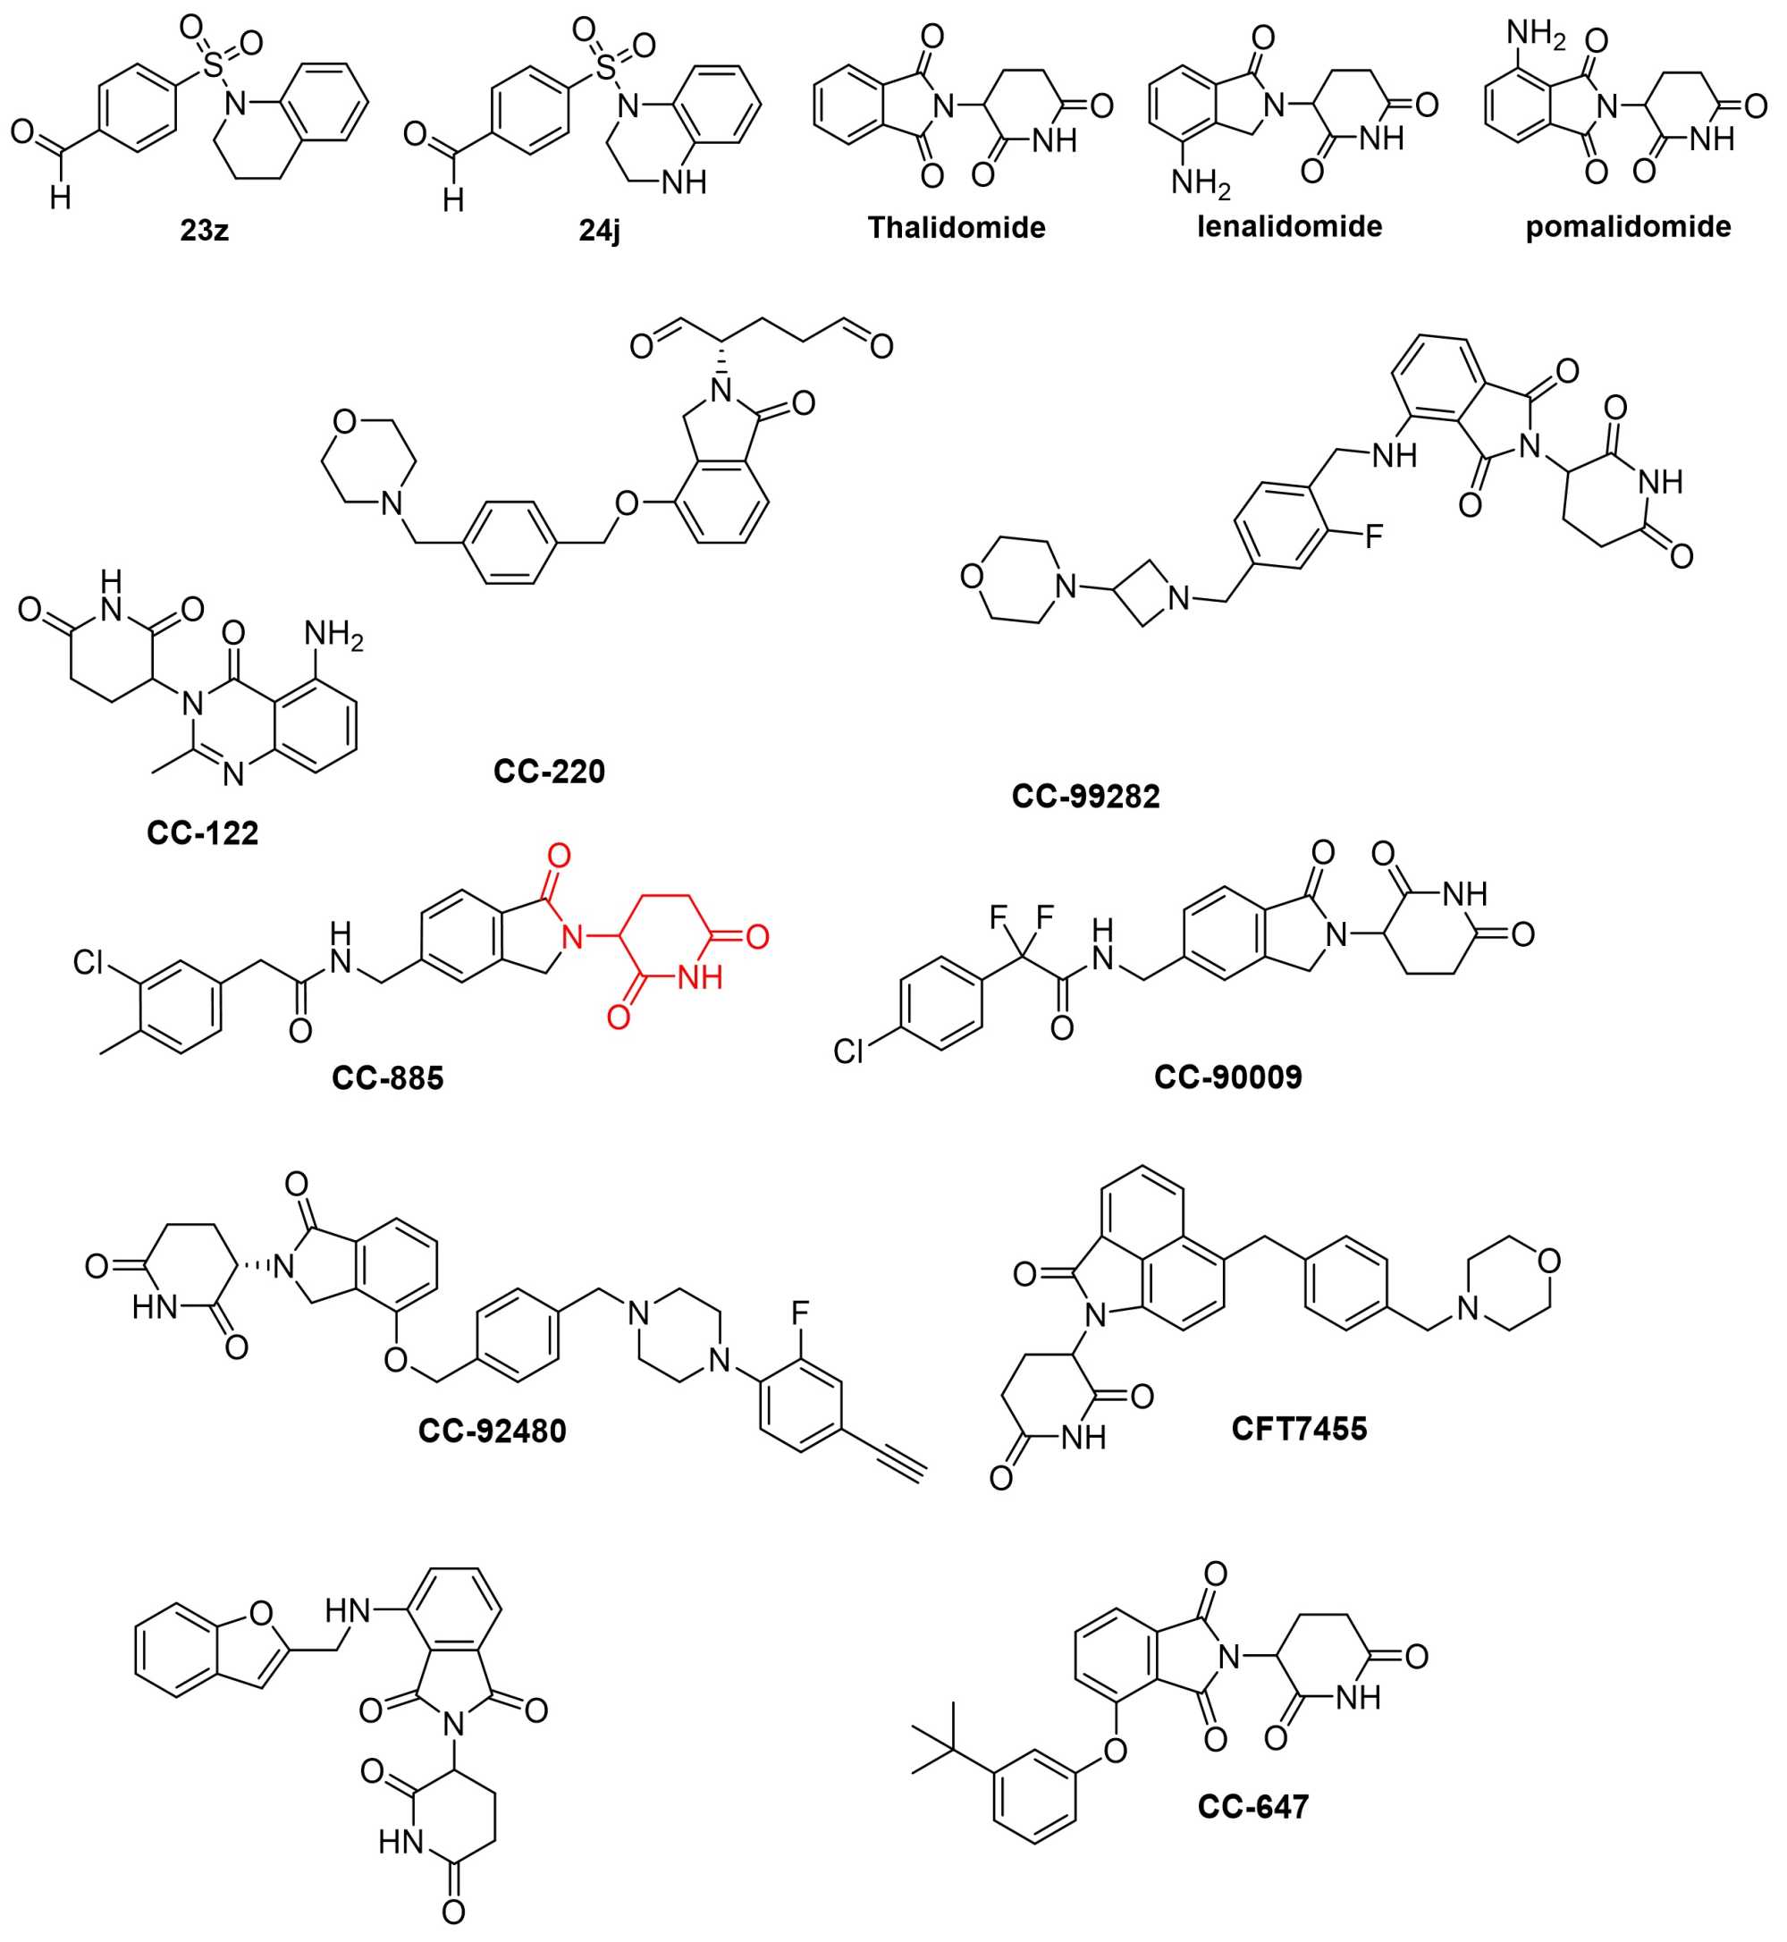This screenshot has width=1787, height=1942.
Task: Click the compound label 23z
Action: [204, 230]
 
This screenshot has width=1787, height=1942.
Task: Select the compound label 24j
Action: [600, 230]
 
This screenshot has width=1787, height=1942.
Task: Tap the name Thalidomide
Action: [957, 227]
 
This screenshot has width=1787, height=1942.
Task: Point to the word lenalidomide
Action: [1289, 226]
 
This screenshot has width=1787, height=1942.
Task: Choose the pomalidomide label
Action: [1629, 226]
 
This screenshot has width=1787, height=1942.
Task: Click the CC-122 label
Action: [203, 832]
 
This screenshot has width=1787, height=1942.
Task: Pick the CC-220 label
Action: [549, 771]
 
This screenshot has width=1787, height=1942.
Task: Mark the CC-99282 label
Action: [1086, 796]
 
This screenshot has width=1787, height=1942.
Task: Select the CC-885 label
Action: [388, 1077]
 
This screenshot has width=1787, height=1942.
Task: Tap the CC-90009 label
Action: [1228, 1077]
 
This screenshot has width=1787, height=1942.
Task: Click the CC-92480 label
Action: [493, 1431]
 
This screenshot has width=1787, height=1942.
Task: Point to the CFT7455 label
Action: [1300, 1429]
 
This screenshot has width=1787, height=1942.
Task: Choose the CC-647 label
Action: [1253, 1807]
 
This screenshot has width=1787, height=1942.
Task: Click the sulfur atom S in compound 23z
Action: [214, 67]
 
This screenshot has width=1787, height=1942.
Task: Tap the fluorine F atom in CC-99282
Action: [1373, 536]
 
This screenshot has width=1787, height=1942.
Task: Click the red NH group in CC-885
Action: [699, 978]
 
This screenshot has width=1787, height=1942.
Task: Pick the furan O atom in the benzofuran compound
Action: [260, 1612]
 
